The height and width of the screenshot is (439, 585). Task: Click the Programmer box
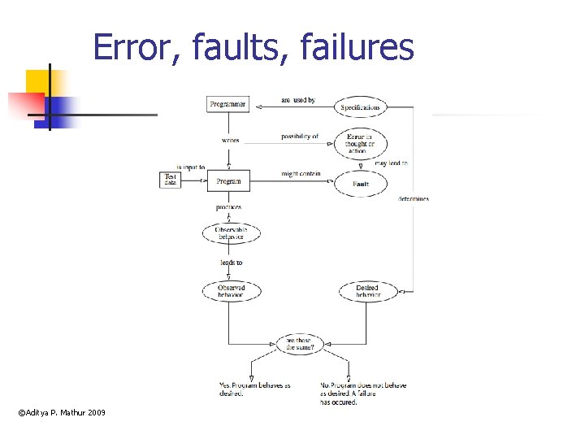click(x=227, y=105)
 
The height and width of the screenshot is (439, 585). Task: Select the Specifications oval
click(x=360, y=107)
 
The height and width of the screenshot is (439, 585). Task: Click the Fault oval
click(x=361, y=184)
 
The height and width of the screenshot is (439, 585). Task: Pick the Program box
click(x=228, y=181)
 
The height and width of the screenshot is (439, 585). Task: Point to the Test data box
click(x=170, y=180)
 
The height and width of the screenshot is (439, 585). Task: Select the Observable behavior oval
click(x=230, y=233)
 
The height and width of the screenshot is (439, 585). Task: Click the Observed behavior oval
click(x=231, y=291)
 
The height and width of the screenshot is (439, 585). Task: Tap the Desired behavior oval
click(x=367, y=291)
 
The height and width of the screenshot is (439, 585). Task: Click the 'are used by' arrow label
click(x=297, y=100)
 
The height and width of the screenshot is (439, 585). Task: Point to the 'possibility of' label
click(x=300, y=136)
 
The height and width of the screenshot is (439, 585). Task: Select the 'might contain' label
click(x=301, y=174)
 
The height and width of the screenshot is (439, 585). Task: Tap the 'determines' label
click(x=414, y=198)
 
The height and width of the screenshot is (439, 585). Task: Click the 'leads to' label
click(x=231, y=263)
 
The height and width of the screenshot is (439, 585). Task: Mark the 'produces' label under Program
click(x=228, y=207)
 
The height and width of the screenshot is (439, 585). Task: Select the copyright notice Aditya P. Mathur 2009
click(x=62, y=414)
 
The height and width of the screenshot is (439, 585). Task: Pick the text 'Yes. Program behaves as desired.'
click(x=254, y=389)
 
